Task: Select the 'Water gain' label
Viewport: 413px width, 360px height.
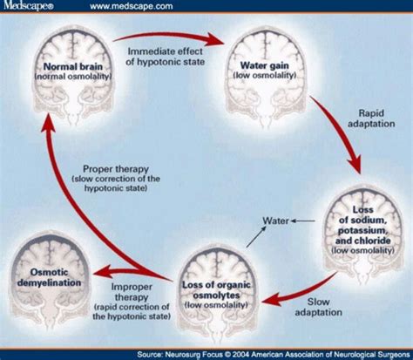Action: coord(265,70)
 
